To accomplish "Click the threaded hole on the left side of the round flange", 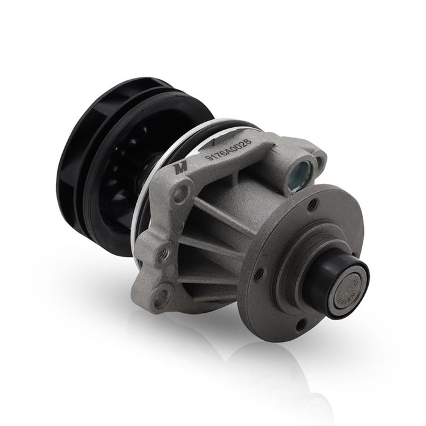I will point(258,274).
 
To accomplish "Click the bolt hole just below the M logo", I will point(180,195).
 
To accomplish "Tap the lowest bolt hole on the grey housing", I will point(161,296).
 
